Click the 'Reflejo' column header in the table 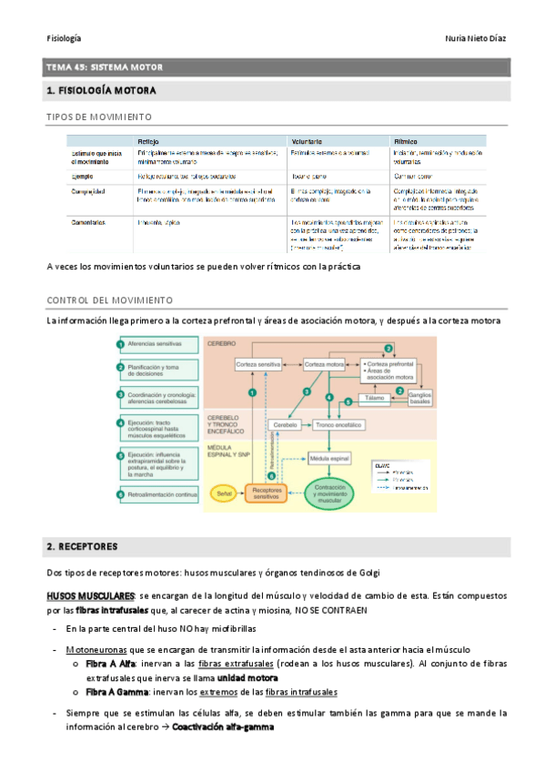150,142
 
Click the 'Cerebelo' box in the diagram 286,424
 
